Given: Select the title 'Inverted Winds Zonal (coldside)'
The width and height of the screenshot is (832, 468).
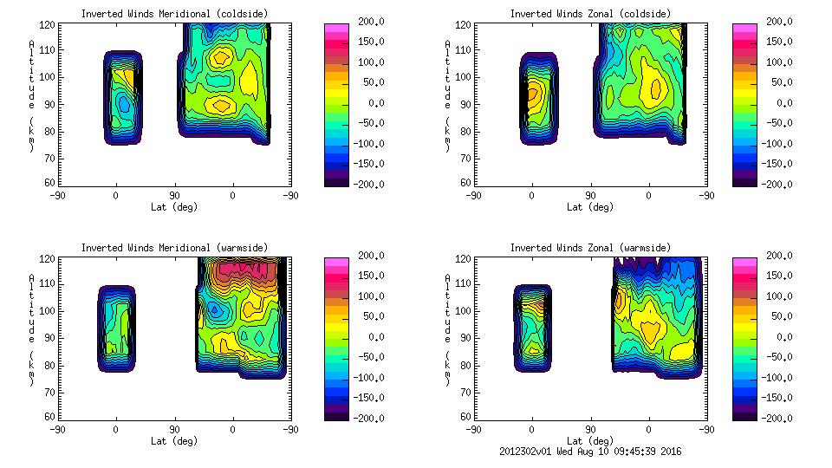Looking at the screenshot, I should click(589, 13).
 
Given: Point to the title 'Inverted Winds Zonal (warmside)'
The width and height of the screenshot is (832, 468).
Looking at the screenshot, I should click(589, 247).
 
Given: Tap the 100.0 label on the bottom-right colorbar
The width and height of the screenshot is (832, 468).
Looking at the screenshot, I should click(771, 296).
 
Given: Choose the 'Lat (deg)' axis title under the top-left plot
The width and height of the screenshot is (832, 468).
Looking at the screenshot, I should click(174, 206).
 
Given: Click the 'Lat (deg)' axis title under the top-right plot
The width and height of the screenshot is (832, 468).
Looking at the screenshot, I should click(591, 206).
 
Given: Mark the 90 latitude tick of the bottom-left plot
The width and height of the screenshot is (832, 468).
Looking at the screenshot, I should click(174, 429).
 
